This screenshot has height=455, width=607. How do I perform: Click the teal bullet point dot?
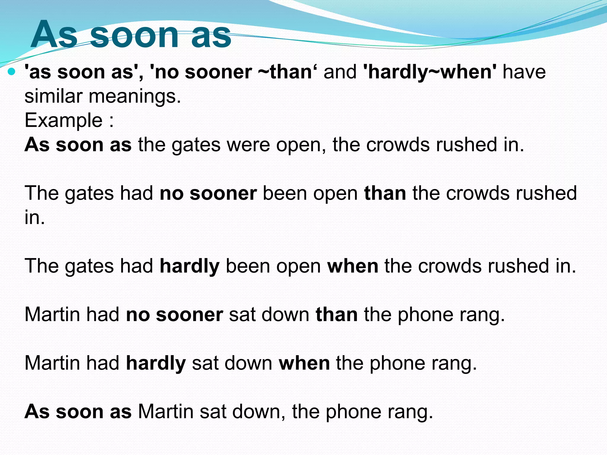[x=12, y=71]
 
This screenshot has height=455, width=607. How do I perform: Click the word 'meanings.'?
[x=135, y=97]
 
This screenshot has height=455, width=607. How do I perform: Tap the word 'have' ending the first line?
[x=524, y=72]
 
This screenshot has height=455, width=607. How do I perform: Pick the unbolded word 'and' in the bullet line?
[x=340, y=72]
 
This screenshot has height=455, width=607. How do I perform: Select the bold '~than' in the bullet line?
[x=285, y=72]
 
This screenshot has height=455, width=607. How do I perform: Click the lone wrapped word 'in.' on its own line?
[x=35, y=217]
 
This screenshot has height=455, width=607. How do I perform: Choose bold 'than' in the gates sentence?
[x=385, y=193]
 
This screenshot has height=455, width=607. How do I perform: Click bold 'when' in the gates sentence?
[x=353, y=266]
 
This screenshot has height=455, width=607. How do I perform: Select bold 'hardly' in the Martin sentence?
[x=156, y=363]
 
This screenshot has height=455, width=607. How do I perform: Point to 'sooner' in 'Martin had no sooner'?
[x=189, y=315]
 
